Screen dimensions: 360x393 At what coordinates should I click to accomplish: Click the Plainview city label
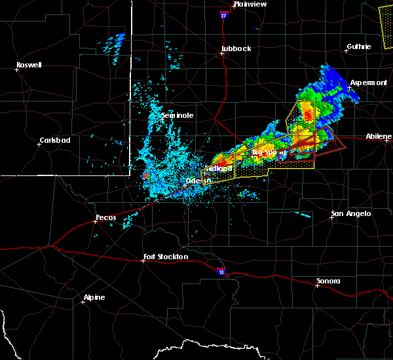click(x=248, y=4)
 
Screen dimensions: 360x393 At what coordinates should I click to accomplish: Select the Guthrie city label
click(x=359, y=46)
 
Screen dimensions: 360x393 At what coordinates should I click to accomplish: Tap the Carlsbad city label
click(x=54, y=140)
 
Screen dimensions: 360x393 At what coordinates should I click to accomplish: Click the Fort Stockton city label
click(x=166, y=257)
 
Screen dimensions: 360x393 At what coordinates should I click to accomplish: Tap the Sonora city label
click(x=328, y=281)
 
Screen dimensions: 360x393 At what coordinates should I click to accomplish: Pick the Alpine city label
click(x=94, y=298)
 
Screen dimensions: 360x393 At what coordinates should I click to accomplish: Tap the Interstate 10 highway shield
click(x=221, y=270)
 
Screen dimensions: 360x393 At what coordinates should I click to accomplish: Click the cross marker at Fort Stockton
click(x=144, y=261)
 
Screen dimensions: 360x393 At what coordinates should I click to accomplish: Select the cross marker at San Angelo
click(x=332, y=217)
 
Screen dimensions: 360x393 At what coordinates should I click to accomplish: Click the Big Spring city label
click(x=270, y=153)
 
